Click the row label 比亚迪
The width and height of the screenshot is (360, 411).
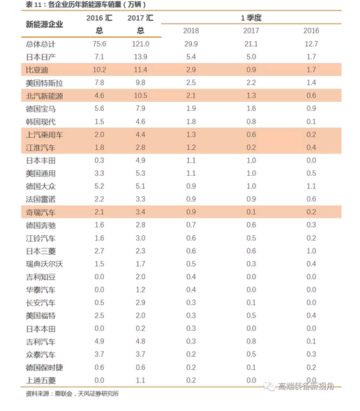point(37,70)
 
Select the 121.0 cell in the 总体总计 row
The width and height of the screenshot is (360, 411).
point(140,44)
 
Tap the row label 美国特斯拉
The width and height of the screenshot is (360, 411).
point(44,83)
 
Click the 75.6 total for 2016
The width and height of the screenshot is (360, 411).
point(99,44)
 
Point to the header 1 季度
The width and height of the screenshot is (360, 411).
point(251,18)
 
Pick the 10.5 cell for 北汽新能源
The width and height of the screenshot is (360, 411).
point(140,96)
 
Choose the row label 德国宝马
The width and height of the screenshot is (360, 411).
point(40,109)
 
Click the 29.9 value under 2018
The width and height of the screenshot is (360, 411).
point(191,44)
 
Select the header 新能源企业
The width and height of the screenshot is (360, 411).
point(44,24)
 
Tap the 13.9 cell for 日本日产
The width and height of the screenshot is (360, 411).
point(140,57)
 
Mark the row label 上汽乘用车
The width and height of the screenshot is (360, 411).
point(44,135)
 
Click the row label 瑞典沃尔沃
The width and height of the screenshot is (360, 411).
point(44,264)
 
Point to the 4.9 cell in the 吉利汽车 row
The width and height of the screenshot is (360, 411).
point(99,341)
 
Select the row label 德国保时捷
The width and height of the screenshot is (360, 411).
point(44,368)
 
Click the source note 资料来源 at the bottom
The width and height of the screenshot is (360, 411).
point(72,394)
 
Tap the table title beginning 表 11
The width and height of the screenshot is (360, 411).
point(86,4)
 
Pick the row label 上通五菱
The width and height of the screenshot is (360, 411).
point(40,380)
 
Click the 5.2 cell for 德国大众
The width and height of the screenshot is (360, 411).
point(99,186)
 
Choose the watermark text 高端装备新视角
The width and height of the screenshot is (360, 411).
point(306,386)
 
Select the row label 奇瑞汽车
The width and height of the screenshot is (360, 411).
point(40,212)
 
